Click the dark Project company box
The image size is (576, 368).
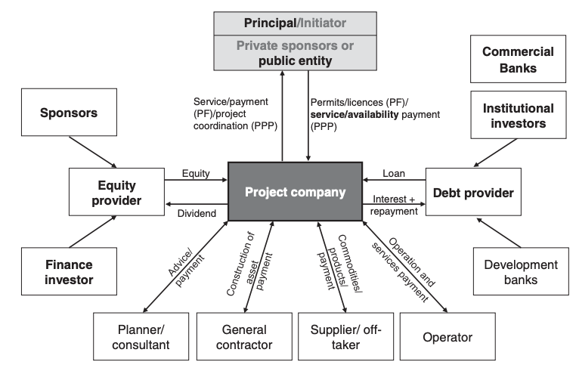click(x=295, y=192)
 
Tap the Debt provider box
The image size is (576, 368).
click(x=474, y=192)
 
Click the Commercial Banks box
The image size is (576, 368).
click(x=519, y=59)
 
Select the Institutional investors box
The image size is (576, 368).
click(x=519, y=116)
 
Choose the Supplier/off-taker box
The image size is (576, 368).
click(x=345, y=337)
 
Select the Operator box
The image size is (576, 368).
click(x=447, y=337)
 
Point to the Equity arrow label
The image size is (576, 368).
click(x=196, y=173)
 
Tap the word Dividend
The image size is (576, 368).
click(x=197, y=214)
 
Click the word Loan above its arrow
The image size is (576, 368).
click(x=393, y=173)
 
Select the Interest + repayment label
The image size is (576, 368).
click(x=395, y=206)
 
